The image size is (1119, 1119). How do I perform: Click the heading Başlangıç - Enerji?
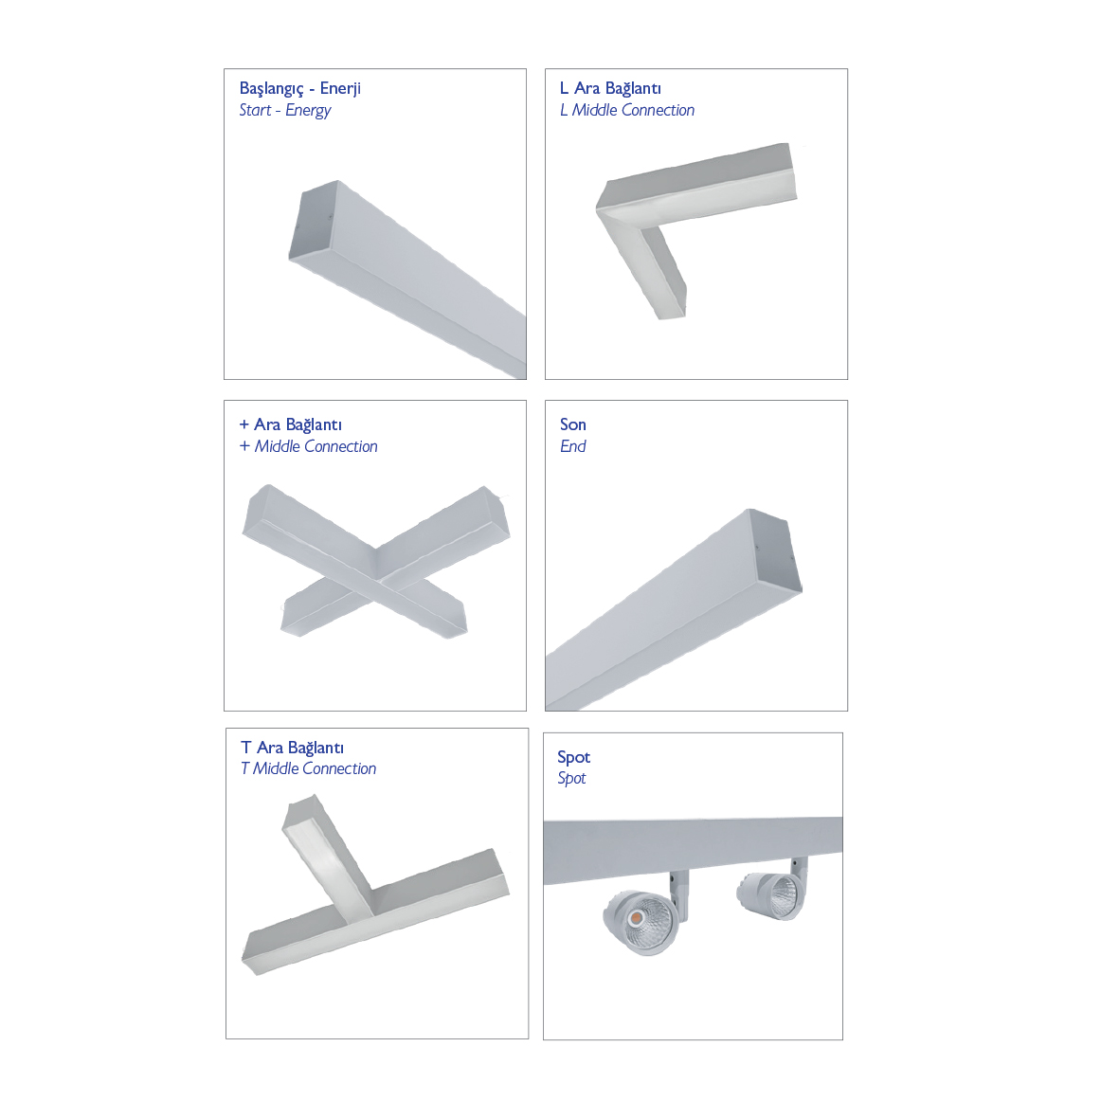pyautogui.click(x=299, y=88)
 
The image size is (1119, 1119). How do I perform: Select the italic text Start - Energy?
pyautogui.click(x=285, y=110)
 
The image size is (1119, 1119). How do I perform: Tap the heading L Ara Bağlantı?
pyautogui.click(x=610, y=88)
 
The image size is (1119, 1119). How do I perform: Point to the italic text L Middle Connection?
pyautogui.click(x=626, y=110)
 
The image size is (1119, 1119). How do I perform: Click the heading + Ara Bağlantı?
pyautogui.click(x=291, y=424)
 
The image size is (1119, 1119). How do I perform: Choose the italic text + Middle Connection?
pyautogui.click(x=308, y=446)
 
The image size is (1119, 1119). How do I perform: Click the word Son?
pyautogui.click(x=573, y=424)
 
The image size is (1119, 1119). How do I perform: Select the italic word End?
pyautogui.click(x=573, y=446)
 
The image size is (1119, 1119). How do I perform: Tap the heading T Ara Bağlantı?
pyautogui.click(x=292, y=748)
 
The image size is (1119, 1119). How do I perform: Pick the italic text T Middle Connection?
pyautogui.click(x=308, y=768)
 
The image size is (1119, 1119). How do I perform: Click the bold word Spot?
pyautogui.click(x=574, y=757)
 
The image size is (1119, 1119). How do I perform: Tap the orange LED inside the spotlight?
pyautogui.click(x=635, y=916)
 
